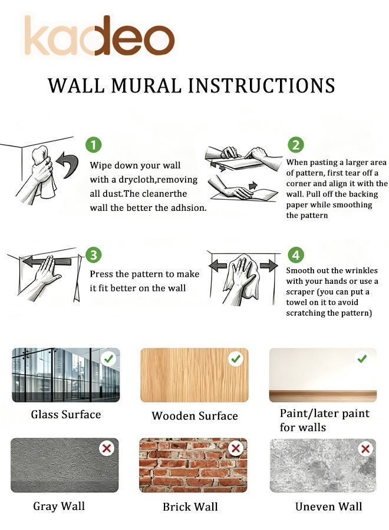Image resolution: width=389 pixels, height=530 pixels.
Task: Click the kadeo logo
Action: click(100, 36)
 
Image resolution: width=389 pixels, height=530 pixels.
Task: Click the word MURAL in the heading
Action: click(147, 85)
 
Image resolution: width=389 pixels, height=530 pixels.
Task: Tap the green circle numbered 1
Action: click(93, 145)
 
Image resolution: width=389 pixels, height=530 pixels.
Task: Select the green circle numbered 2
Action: click(296, 145)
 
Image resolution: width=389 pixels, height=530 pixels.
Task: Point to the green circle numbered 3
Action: click(93, 255)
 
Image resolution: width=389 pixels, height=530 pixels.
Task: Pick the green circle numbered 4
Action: click(296, 255)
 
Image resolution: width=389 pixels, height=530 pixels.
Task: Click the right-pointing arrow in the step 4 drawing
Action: click(269, 266)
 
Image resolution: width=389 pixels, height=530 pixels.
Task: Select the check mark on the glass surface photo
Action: click(108, 359)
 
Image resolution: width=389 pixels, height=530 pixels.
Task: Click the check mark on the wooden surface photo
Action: click(236, 359)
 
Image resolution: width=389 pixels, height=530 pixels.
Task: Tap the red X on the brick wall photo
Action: click(236, 449)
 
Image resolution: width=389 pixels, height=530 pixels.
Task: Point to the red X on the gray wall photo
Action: click(107, 449)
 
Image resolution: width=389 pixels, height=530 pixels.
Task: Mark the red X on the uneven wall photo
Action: click(365, 449)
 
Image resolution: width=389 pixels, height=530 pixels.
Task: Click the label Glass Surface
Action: click(66, 415)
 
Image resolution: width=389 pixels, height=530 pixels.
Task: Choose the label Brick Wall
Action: click(190, 506)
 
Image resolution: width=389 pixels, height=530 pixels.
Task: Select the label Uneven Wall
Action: click(328, 506)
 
